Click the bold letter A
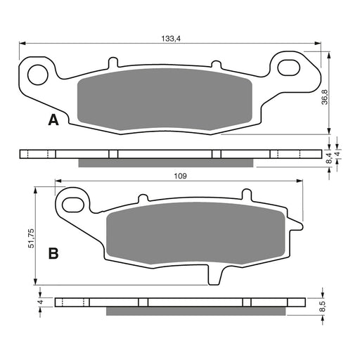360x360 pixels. point(52,121)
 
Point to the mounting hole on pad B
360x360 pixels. point(72,204)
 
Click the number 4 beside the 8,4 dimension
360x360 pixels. point(338,153)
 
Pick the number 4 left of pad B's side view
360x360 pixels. point(40,302)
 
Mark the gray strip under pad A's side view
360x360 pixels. point(165,163)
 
